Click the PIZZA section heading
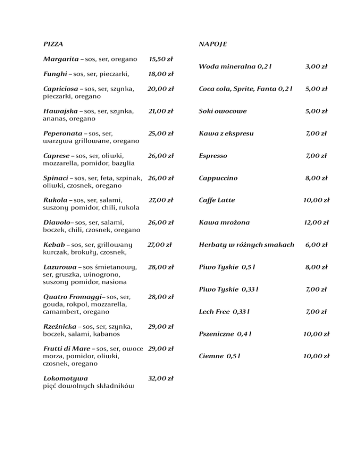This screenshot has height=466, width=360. point(53,44)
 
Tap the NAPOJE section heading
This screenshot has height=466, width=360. point(213,44)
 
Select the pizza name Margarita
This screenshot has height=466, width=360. point(60,60)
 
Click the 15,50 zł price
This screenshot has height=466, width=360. point(161,60)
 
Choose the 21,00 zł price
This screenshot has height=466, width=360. point(161,111)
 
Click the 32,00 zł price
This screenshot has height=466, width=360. point(161,378)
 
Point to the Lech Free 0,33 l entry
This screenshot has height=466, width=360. point(224,312)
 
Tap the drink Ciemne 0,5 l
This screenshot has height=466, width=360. point(220,356)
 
